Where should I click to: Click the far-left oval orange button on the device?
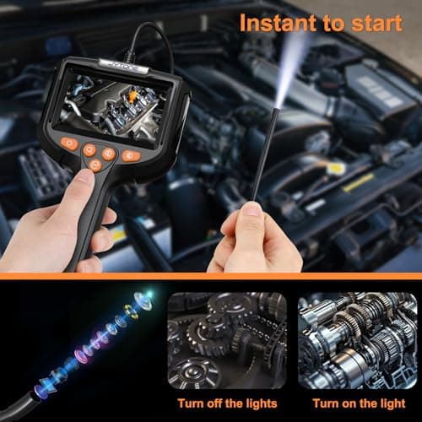(x=69, y=143)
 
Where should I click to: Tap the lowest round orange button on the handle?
(x=96, y=166)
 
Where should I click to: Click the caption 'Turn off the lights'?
(x=228, y=403)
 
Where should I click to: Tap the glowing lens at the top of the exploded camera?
(x=147, y=295)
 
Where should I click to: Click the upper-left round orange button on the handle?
(x=89, y=149)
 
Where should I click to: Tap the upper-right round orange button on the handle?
(x=109, y=154)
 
